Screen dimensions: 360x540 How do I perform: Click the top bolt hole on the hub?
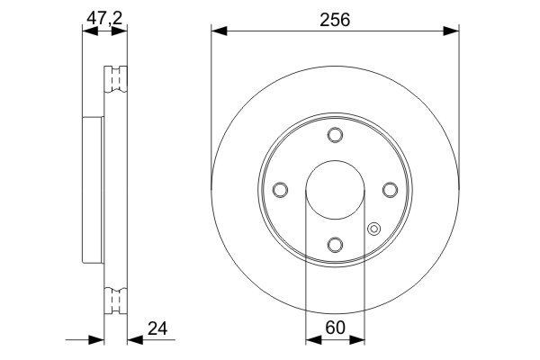tap(335, 136)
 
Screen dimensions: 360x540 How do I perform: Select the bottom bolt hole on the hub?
tap(335, 245)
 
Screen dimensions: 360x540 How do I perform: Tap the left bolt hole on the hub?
tap(280, 190)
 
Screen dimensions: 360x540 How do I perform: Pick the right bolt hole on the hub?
tap(390, 190)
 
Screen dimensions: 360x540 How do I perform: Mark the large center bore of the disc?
tap(335, 190)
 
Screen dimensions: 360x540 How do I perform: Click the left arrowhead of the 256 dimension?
tap(218, 32)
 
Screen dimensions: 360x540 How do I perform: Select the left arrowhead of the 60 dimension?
tap(312, 340)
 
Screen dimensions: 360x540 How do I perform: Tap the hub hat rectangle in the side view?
tap(94, 188)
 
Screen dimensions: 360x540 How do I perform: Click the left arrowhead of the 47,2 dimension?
tap(86, 32)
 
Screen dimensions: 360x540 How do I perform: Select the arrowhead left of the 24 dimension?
tap(97, 340)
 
